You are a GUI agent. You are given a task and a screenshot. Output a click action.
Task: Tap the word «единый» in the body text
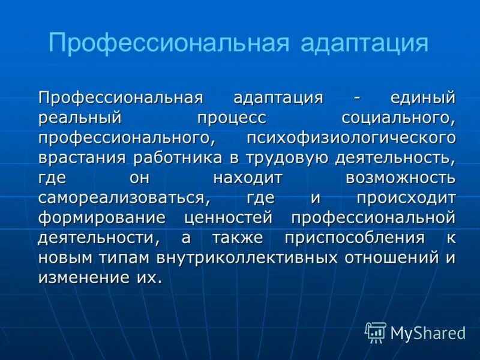click(x=423, y=97)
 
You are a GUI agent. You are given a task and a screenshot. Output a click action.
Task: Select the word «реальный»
click(x=80, y=118)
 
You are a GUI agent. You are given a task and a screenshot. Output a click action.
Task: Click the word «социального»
click(x=398, y=118)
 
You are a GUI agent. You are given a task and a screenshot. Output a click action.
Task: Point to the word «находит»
click(x=248, y=178)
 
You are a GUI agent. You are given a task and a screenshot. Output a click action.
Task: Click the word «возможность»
click(x=400, y=178)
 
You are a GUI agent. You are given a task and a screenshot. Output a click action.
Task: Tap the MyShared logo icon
click(x=376, y=332)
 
